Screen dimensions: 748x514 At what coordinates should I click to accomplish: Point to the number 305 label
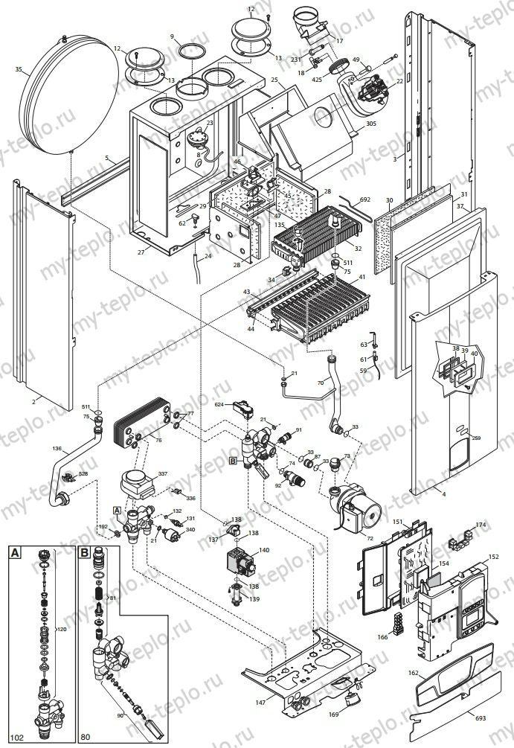coord(371,126)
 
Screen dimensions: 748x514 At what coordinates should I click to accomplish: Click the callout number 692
coord(364,199)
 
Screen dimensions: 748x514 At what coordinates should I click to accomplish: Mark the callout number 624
coord(219,405)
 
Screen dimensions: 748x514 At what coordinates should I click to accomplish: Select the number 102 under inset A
coord(16,740)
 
